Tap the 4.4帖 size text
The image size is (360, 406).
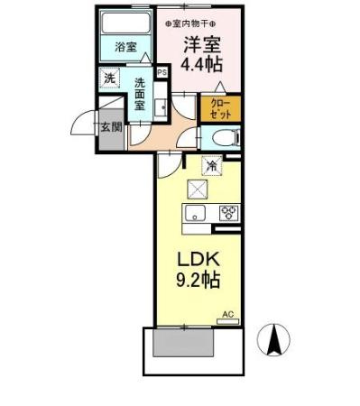204,64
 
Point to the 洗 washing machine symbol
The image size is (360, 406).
109,78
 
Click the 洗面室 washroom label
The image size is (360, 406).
142,93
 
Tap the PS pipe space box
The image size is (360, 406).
162,72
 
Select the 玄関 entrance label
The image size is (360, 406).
112,126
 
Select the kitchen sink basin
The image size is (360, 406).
196,213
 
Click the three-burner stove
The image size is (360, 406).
227,213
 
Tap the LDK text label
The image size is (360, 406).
200,258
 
